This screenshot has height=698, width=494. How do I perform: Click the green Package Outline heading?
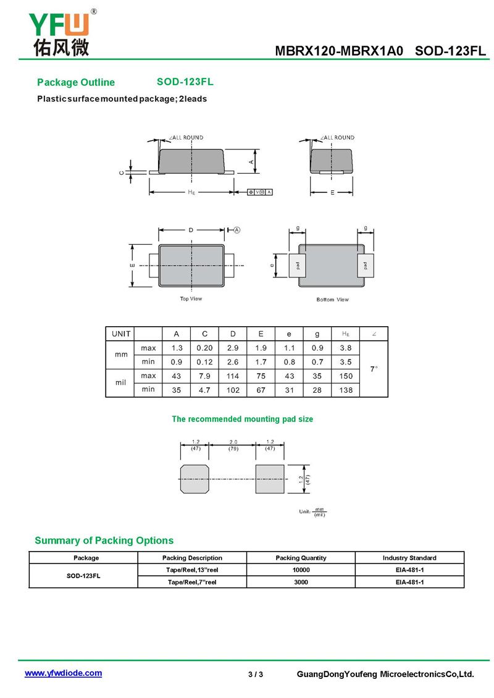coord(76,83)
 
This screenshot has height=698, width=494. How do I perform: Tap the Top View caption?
coord(191,299)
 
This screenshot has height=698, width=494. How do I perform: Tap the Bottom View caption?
coord(332,300)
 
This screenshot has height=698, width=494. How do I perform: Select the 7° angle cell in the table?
coord(374,369)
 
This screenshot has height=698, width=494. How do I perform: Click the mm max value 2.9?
coord(233,348)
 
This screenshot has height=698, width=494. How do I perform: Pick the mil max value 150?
coord(346,376)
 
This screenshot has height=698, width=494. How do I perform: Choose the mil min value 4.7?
coord(204,390)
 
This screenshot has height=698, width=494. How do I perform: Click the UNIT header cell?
coord(121,334)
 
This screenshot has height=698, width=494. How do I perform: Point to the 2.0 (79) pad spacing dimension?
coord(233,445)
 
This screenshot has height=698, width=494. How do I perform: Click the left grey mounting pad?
coord(195,479)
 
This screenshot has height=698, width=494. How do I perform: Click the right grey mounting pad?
coord(270,479)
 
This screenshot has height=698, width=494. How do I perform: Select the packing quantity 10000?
coord(301,570)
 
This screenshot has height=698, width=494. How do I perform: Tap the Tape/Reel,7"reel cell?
coord(192,582)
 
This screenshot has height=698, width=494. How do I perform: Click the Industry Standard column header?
coord(409,558)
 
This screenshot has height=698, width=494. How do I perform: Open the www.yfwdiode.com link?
coord(63,673)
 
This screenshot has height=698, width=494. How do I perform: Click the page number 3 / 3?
coord(256,674)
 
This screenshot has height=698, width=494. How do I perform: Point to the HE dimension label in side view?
coord(191,193)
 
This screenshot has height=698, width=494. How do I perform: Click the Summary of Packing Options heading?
coord(104,540)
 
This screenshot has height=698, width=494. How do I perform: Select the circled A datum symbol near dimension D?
coord(237,230)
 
